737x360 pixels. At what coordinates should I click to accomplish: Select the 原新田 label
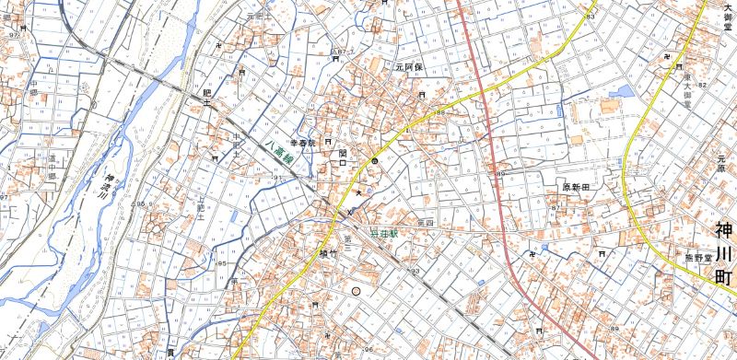(x=576, y=186)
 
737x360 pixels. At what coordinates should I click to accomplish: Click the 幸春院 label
(x=303, y=144)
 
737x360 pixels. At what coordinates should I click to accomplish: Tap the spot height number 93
(x=415, y=271)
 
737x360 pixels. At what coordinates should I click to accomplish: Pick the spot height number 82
(x=702, y=86)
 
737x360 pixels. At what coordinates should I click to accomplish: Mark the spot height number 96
(x=368, y=349)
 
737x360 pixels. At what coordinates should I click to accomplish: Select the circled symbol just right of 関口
(x=375, y=161)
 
